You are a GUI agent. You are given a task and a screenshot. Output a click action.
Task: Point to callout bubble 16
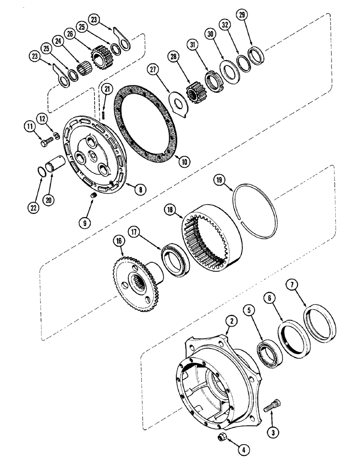(118, 241)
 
